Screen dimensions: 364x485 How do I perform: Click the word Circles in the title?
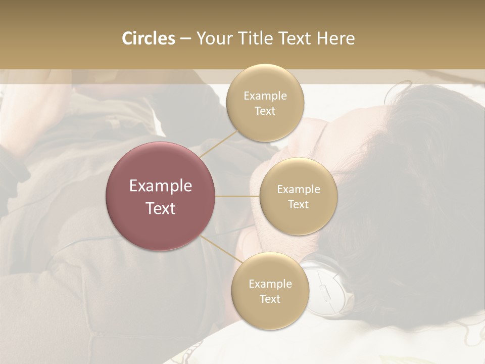148,38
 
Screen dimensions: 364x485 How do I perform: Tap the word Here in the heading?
335,38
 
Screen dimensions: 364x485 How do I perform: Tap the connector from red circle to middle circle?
237,196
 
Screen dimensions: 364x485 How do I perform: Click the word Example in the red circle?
161,186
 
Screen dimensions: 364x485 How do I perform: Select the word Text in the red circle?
161,208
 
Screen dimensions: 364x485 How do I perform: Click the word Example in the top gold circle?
265,96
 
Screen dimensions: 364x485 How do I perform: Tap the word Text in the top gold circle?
265,111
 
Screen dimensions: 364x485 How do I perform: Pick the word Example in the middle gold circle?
298,190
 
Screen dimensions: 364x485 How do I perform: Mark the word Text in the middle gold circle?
298,204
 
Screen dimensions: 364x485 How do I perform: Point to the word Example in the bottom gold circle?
270,284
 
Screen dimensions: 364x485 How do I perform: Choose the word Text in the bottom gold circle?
270,299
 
